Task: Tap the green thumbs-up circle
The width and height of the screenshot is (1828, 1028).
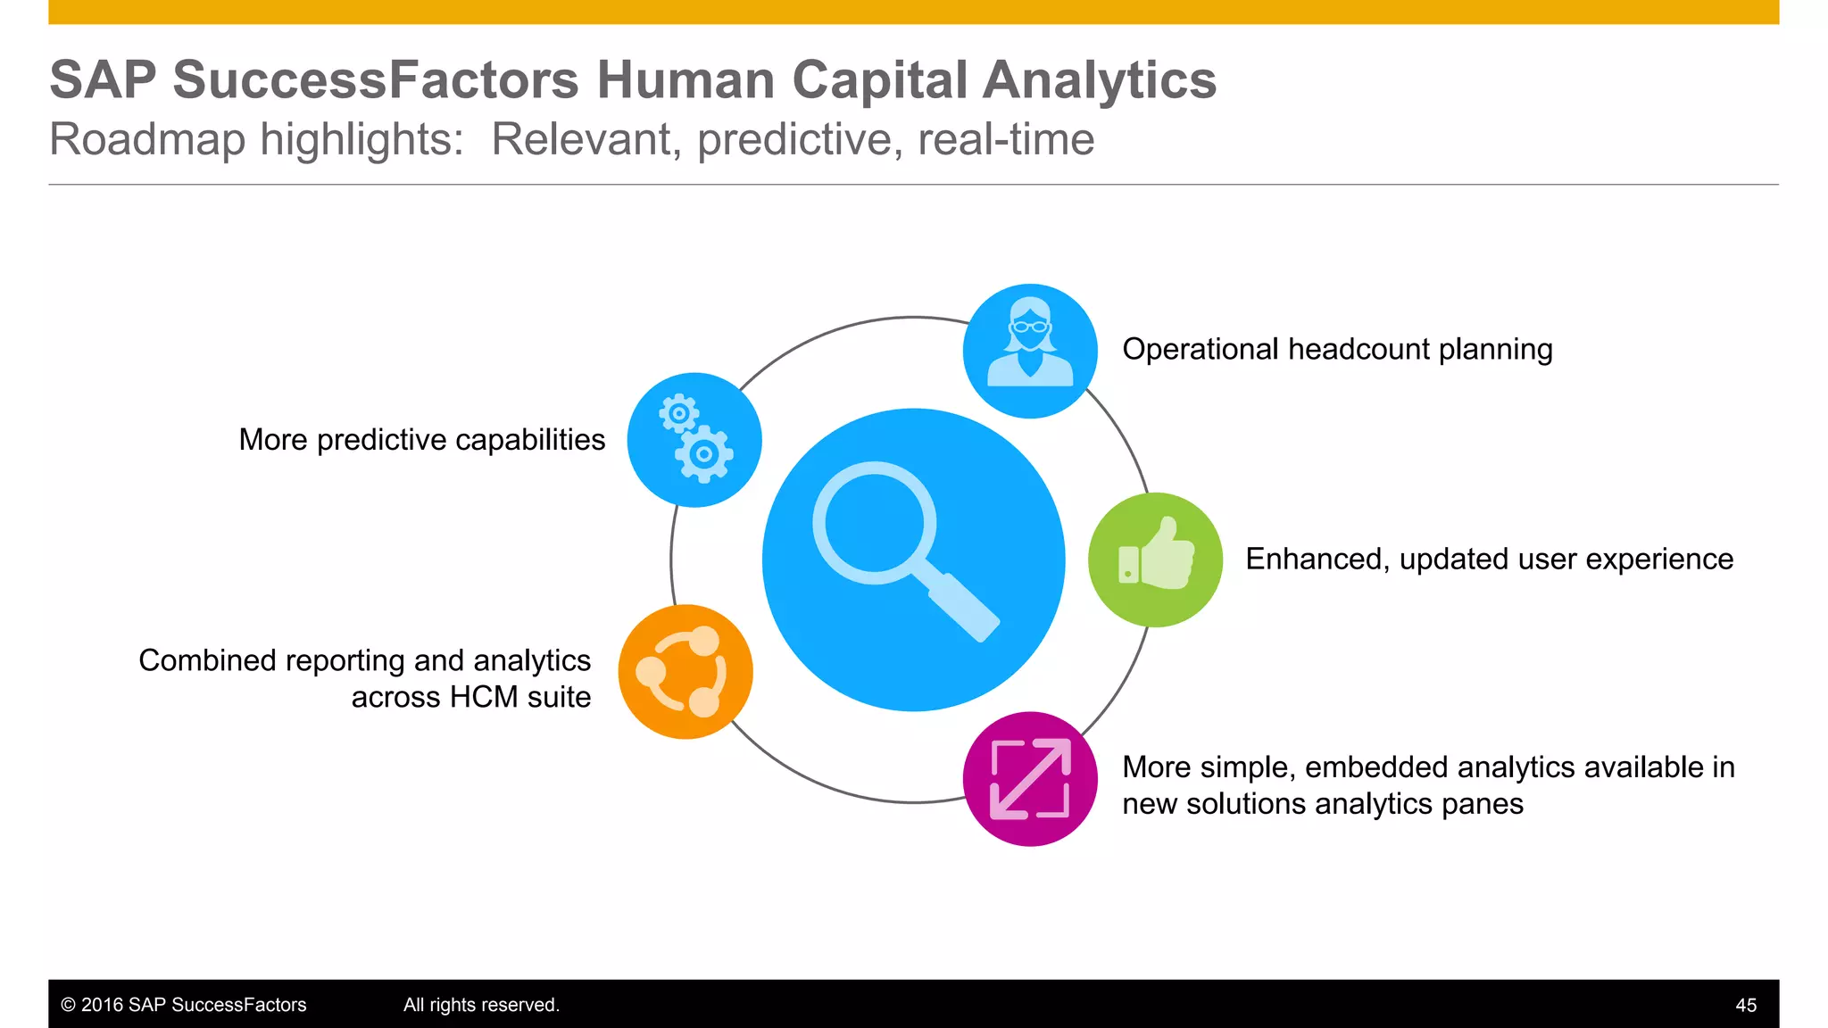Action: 1155,560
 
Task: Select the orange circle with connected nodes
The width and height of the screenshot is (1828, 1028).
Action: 685,672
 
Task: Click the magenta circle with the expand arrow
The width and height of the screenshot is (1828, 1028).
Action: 1030,779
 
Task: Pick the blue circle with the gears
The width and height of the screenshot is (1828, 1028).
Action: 694,440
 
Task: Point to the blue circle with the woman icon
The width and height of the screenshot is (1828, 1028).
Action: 1030,351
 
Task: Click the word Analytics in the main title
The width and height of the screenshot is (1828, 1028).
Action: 1100,80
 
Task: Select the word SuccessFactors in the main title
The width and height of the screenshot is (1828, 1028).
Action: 376,80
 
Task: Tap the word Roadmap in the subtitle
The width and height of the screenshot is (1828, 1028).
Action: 147,140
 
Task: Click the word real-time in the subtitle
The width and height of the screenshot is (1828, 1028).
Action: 1006,140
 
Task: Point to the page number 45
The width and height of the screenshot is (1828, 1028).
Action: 1746,1006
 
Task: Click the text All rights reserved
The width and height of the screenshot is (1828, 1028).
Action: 481,1005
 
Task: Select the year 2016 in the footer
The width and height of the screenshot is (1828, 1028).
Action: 102,1005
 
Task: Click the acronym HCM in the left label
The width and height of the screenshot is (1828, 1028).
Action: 484,697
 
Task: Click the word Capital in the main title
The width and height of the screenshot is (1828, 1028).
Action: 879,80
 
